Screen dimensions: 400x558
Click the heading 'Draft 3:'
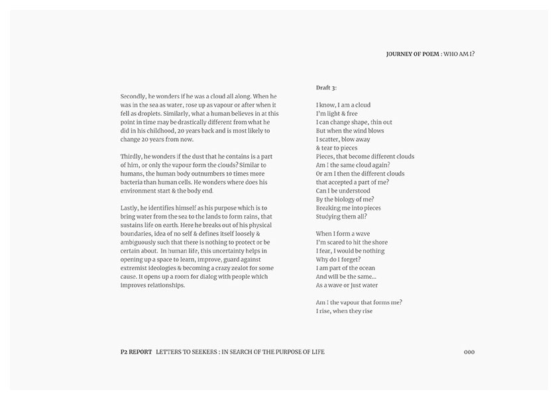pyautogui.click(x=326, y=87)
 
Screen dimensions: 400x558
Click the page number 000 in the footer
pyautogui.click(x=469, y=352)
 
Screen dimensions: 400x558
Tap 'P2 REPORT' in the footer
pyautogui.click(x=132, y=352)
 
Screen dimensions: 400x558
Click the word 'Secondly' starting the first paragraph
pyautogui.click(x=133, y=96)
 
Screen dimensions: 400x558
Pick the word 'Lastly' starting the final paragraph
pyautogui.click(x=129, y=208)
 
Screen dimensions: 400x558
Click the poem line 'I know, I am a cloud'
pyautogui.click(x=343, y=105)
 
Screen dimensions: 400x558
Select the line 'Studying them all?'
pyautogui.click(x=341, y=217)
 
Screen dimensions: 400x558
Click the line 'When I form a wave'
pyautogui.click(x=343, y=234)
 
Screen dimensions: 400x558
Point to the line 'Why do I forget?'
pyautogui.click(x=338, y=260)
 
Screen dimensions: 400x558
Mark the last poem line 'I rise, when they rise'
pyautogui.click(x=344, y=311)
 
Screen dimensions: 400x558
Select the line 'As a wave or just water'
pyautogui.click(x=347, y=285)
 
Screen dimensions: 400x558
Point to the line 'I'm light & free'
pyautogui.click(x=337, y=113)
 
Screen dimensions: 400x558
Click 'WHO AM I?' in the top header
pyautogui.click(x=459, y=54)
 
